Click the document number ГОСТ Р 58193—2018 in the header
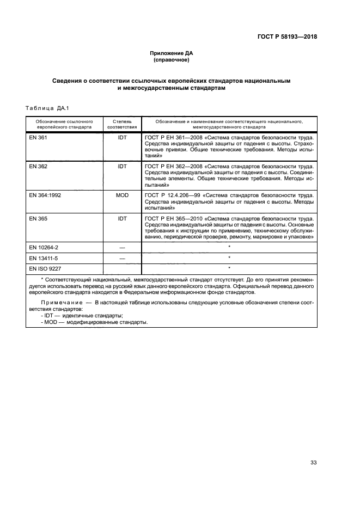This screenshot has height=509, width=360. pyautogui.click(x=287, y=37)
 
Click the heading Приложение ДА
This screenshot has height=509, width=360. pyautogui.click(x=172, y=53)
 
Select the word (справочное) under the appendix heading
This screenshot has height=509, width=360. pyautogui.click(x=172, y=60)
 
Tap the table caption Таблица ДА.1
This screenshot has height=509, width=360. pyautogui.click(x=45, y=108)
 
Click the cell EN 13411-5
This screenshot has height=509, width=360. pyautogui.click(x=43, y=257)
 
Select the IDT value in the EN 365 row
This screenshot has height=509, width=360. pyautogui.click(x=122, y=218)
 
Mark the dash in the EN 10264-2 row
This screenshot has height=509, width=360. pyautogui.click(x=122, y=247)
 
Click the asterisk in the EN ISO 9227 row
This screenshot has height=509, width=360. pyautogui.click(x=229, y=268)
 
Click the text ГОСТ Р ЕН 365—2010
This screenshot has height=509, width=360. pyautogui.click(x=176, y=218)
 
